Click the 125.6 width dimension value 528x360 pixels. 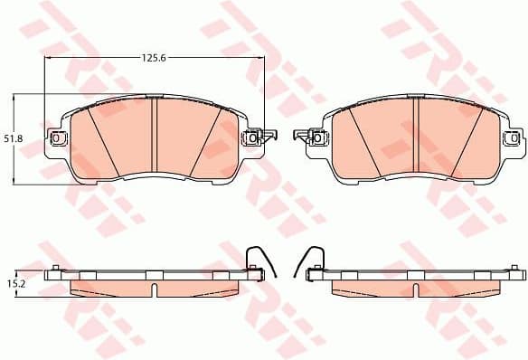[x=153, y=57]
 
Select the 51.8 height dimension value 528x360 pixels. [x=12, y=137]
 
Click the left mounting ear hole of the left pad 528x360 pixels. [x=60, y=138]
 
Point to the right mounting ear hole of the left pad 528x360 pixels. [x=250, y=138]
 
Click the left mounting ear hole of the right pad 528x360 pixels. [x=318, y=138]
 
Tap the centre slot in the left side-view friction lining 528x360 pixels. [x=155, y=289]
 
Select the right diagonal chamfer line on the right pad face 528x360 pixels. [x=467, y=136]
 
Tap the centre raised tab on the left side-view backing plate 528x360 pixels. [x=155, y=273]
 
